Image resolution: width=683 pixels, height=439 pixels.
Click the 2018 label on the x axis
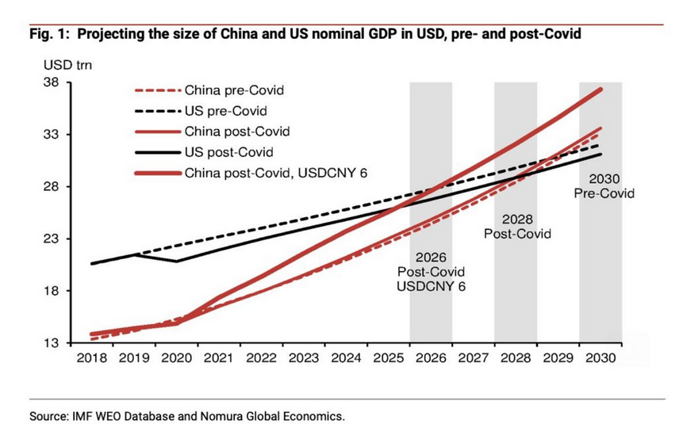click(91, 358)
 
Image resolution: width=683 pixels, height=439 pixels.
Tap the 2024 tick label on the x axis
click(346, 358)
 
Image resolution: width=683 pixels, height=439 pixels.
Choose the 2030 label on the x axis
click(600, 358)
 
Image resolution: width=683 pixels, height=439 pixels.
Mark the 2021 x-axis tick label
click(218, 358)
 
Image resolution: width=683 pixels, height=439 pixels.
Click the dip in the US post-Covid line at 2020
click(176, 261)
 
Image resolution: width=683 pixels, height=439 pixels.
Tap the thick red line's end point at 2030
click(601, 90)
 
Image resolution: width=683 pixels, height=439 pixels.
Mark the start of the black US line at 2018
click(92, 263)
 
